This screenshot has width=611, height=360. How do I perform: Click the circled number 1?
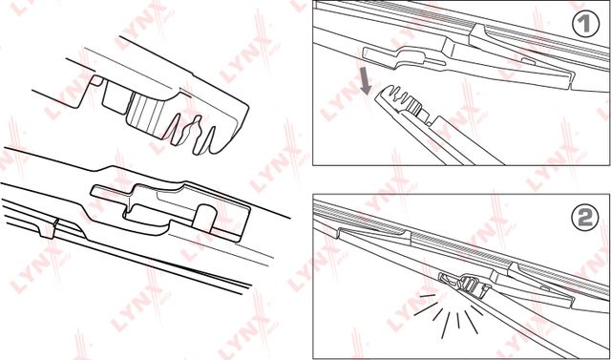point(585,23)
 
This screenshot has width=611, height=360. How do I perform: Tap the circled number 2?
point(585,218)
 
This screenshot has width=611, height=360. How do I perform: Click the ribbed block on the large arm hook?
point(146,115)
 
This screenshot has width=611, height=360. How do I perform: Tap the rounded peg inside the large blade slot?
point(205,216)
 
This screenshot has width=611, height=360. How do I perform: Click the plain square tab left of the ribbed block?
point(116,97)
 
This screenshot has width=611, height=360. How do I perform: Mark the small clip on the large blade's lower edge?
point(49,228)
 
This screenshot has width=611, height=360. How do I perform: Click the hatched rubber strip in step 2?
point(461,244)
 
